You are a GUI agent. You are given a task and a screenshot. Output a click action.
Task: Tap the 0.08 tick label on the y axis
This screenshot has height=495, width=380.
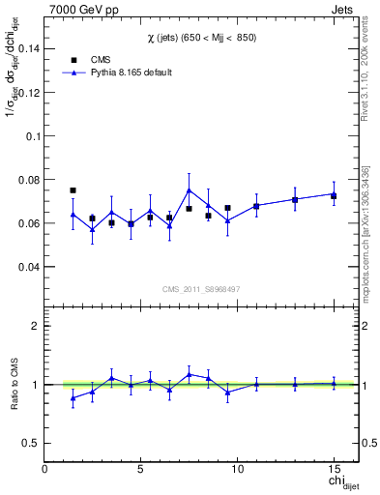29,180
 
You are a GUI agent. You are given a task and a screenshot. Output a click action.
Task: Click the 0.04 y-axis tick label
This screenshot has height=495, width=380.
29,267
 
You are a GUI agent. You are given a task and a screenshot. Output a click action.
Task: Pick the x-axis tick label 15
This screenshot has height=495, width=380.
334,468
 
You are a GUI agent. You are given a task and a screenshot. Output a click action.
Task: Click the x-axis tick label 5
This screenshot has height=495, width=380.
141,468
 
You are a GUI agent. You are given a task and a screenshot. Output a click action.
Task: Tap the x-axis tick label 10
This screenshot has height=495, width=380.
237,468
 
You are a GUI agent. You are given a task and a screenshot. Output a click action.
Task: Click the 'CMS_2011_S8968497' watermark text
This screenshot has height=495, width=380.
201,289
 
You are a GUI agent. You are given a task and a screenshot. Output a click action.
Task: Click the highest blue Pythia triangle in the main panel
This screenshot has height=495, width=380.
189,190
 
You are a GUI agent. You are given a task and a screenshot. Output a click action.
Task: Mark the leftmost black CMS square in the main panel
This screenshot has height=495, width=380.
73,190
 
